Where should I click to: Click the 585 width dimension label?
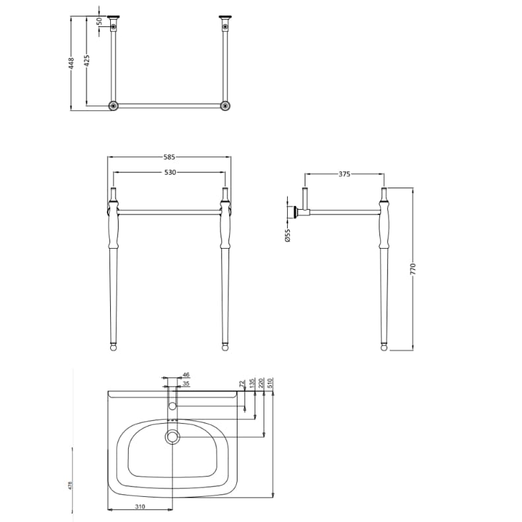170,157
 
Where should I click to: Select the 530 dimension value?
170,173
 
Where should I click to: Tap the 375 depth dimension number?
344,174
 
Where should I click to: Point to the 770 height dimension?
414,269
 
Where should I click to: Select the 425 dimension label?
86,60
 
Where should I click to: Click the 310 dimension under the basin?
140,507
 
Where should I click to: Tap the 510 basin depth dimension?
271,382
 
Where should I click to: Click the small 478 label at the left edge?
71,486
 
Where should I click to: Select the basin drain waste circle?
173,436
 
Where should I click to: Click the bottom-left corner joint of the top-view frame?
114,106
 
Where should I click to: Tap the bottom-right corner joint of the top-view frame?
226,106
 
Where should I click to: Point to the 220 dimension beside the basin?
262,382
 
